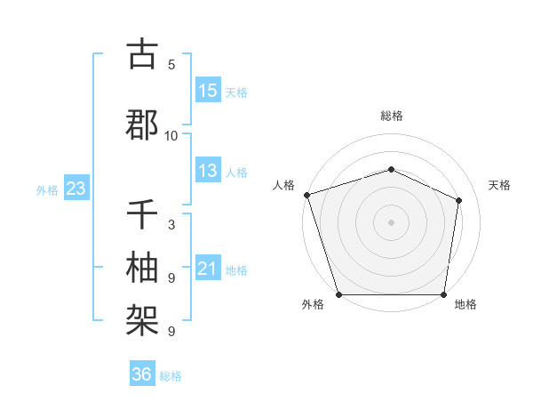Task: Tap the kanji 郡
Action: point(142,124)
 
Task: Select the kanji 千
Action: point(142,215)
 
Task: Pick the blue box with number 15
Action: point(208,91)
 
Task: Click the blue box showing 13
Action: point(208,172)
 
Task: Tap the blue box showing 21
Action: point(208,269)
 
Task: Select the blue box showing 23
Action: point(76,189)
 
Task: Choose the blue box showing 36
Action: point(142,374)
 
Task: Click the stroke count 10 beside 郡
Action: point(171,136)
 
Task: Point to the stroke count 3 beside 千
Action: point(171,226)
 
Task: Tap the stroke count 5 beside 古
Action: point(171,65)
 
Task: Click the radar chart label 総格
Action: point(391,116)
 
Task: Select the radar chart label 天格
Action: point(500,185)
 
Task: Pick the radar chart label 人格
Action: point(283,185)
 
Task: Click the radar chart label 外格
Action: point(313,305)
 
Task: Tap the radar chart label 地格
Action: point(465,305)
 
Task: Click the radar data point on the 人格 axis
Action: point(306,195)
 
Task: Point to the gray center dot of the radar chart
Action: point(391,221)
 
